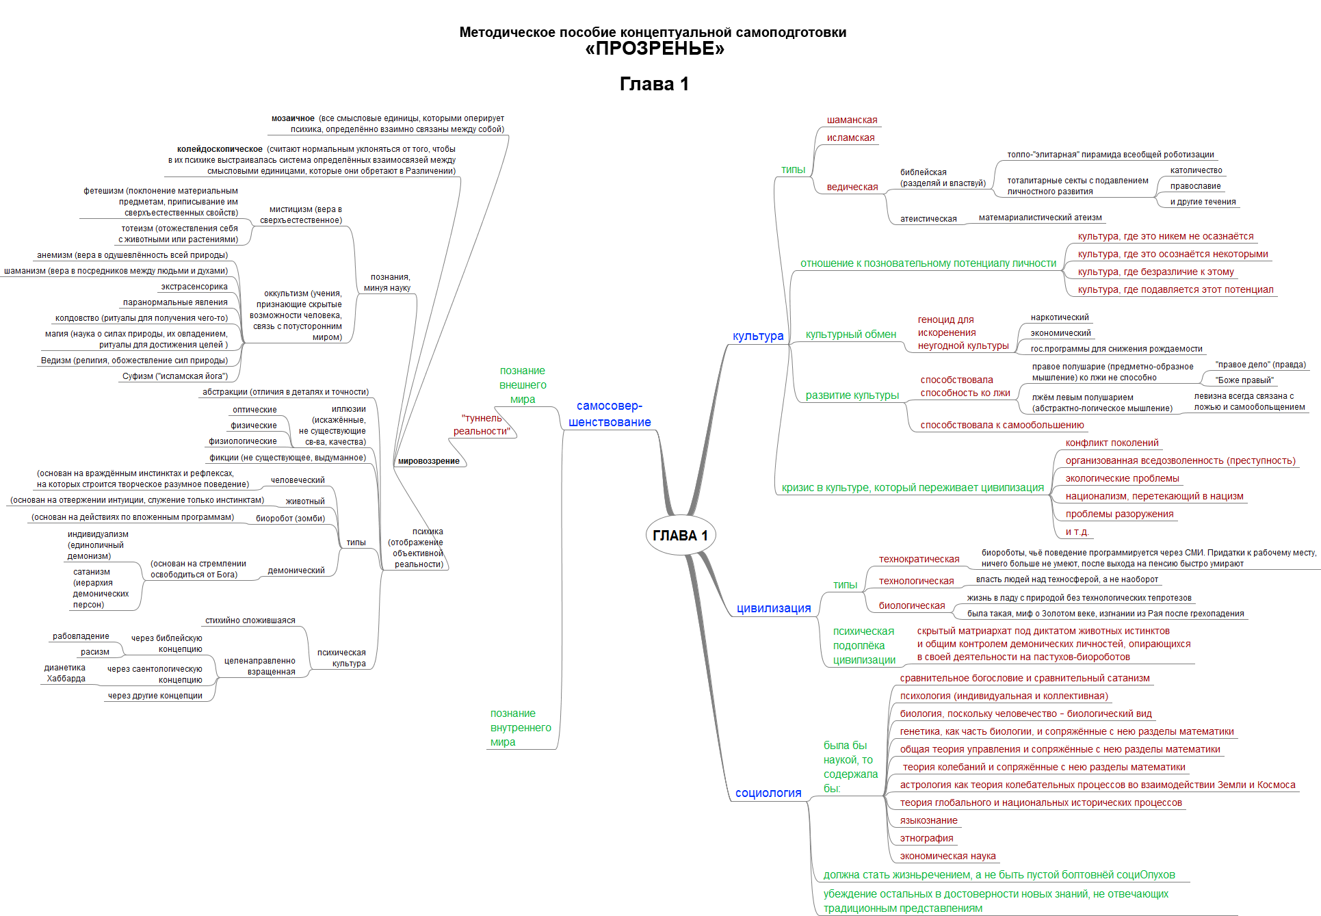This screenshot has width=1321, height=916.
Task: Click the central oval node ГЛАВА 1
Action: pos(680,536)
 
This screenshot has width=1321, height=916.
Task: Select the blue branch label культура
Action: pos(758,336)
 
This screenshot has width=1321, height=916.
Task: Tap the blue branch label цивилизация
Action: pos(773,608)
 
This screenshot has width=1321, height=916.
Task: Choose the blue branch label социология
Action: pos(768,793)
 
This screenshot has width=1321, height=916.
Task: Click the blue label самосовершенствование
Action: pos(609,414)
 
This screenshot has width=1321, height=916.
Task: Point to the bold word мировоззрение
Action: pos(429,461)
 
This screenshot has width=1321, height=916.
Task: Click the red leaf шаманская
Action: pos(852,120)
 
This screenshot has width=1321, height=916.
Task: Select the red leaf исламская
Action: pos(850,138)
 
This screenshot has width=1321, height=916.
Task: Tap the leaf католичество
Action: pos(1196,170)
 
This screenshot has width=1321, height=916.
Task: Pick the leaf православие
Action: pos(1195,186)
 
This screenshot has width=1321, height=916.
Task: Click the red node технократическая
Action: pos(919,559)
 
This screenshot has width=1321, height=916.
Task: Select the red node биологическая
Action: pos(911,605)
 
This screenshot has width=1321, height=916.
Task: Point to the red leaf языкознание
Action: pos(928,820)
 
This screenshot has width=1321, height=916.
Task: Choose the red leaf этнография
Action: pos(926,838)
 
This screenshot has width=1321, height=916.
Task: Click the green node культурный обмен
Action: pos(850,335)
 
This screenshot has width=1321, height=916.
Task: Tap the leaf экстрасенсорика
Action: pos(194,287)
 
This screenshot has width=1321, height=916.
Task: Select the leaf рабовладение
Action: pos(81,636)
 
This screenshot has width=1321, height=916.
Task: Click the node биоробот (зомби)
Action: pos(290,519)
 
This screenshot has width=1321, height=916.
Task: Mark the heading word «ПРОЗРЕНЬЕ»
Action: pos(655,49)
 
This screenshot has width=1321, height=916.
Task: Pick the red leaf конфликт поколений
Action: pos(1112,443)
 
